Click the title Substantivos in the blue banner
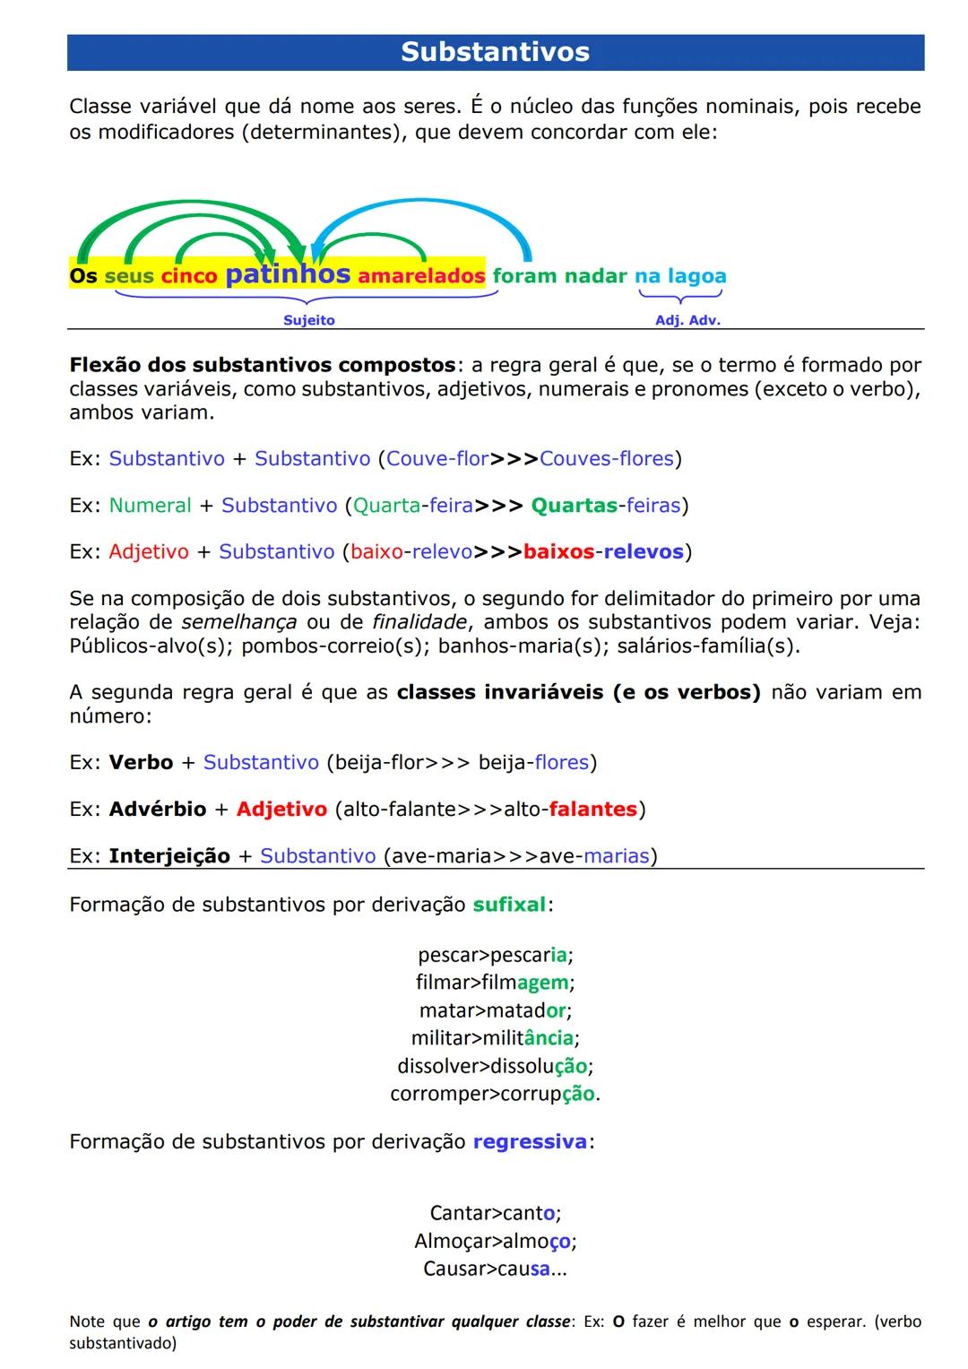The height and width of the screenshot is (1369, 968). pos(495,52)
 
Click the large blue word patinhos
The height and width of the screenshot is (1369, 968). pos(287,273)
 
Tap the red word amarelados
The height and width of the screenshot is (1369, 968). pos(420,276)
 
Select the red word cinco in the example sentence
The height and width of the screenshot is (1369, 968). pos(189,277)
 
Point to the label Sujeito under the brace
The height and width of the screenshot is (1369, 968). pos(308,320)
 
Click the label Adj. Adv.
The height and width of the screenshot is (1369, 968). pos(687,320)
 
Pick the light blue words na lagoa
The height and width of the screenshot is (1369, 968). pos(680,276)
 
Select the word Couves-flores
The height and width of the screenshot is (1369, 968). pos(606,459)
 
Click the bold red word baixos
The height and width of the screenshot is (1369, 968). pos(558,552)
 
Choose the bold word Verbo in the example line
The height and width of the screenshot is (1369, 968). pos(141,763)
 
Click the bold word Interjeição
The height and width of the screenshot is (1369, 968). pos(169,856)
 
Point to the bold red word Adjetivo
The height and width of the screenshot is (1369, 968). pos(281,810)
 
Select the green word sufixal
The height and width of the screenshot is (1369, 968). pos(509,905)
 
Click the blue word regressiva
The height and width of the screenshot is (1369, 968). pos(530,1142)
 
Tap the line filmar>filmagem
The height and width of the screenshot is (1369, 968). pos(495,983)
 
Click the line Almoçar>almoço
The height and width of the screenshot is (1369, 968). pos(495,1242)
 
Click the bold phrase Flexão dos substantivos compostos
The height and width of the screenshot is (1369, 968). pos(263,366)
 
